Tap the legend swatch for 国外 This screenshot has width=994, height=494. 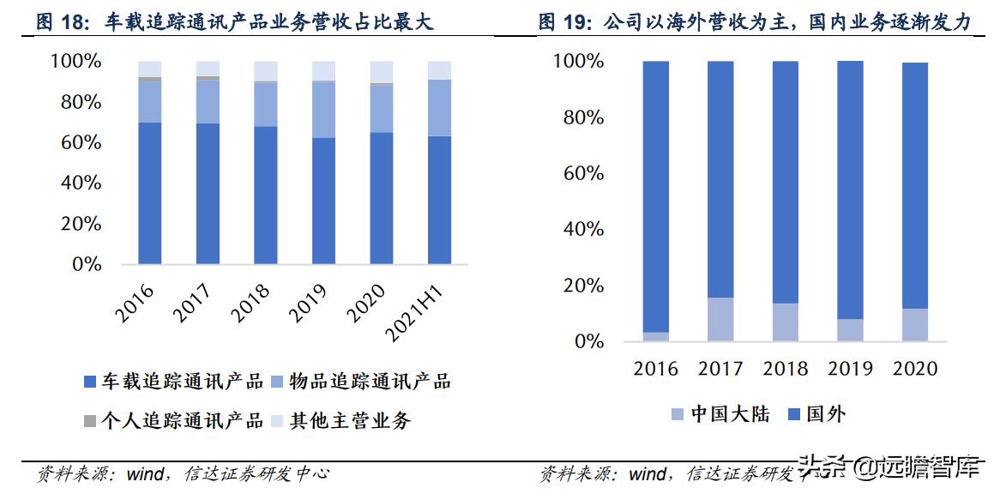(x=792, y=415)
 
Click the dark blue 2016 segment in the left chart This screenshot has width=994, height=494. (x=150, y=193)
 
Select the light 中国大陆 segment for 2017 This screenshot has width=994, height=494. (x=720, y=319)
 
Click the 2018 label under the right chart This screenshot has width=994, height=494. (x=786, y=369)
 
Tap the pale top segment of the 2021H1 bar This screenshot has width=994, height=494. (x=439, y=70)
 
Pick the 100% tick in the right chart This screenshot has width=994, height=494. (x=578, y=62)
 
